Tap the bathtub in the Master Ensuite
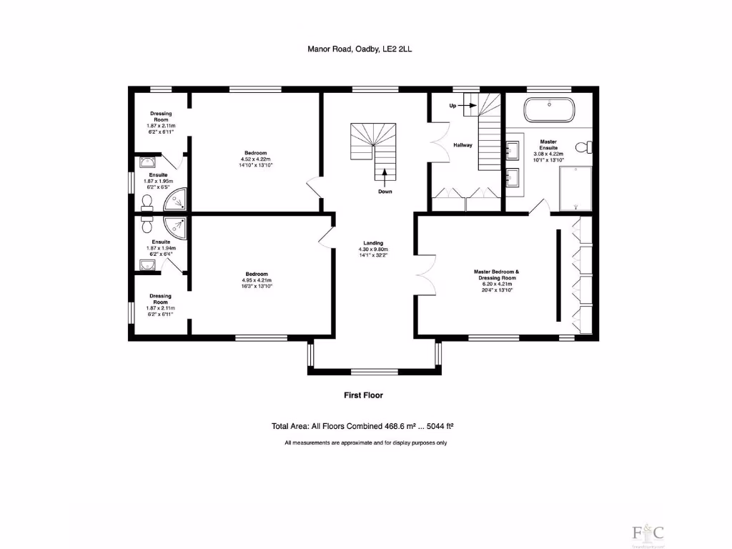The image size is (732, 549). [x=548, y=111]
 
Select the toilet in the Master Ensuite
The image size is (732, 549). [x=586, y=147]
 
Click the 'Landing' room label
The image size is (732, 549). [x=373, y=243]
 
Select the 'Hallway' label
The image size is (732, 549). [x=463, y=145]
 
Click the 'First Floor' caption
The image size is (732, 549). [x=365, y=395]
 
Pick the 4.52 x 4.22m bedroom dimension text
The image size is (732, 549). [x=256, y=159]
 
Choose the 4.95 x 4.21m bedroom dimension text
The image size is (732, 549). [x=256, y=280]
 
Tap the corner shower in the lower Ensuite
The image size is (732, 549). [x=176, y=227]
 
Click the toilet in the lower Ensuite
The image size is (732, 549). [x=146, y=224]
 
